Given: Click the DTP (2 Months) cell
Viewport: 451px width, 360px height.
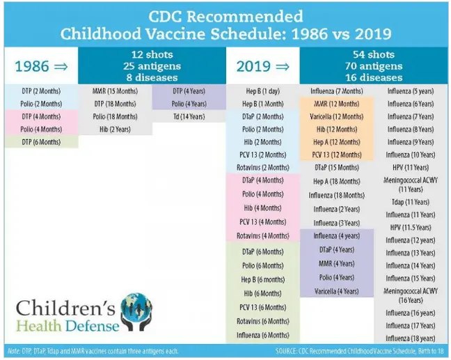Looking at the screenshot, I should (x=40, y=91).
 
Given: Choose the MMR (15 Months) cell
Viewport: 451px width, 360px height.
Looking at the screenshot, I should (x=115, y=91).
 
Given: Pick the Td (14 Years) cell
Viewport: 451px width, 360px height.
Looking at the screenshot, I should (x=189, y=116).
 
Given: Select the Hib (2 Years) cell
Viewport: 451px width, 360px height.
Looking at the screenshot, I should (x=115, y=129).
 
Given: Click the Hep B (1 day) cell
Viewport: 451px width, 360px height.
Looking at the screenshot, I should (x=262, y=91).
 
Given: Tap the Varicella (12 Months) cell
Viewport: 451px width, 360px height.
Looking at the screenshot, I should (x=337, y=116).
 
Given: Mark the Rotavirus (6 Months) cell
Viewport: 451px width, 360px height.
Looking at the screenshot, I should (x=262, y=321).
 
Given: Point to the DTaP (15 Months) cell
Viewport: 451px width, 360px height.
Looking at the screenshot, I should (x=337, y=168).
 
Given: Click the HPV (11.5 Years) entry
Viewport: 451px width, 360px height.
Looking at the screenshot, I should (x=411, y=228).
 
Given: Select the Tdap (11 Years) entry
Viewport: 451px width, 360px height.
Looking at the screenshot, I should (x=411, y=202).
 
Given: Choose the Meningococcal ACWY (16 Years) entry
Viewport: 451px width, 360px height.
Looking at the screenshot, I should (x=411, y=295).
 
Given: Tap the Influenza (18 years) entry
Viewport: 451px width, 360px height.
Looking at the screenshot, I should (x=411, y=338).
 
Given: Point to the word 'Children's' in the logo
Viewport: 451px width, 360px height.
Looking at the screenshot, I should (x=66, y=306).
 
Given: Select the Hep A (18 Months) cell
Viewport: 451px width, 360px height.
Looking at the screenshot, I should (x=337, y=181).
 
